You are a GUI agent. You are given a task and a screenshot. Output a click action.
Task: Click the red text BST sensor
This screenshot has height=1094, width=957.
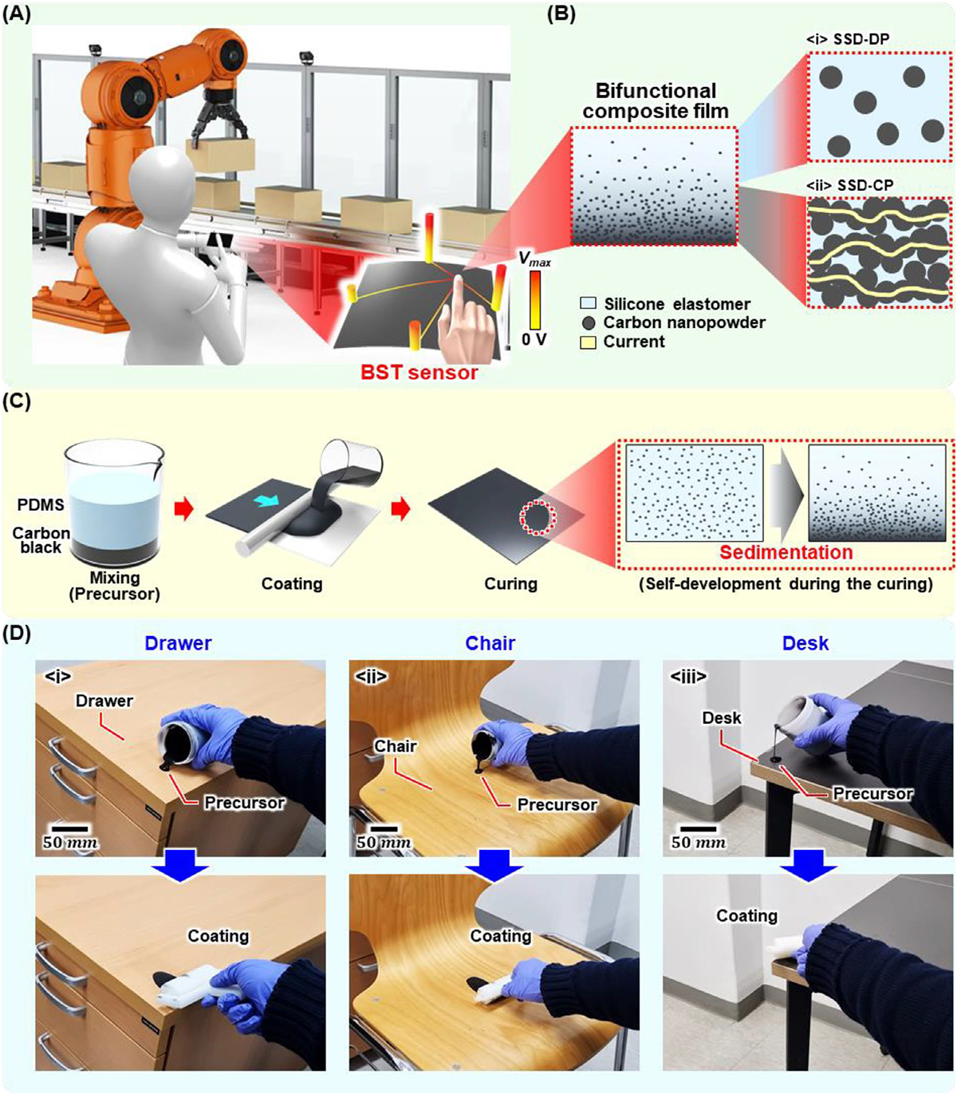pyautogui.click(x=419, y=372)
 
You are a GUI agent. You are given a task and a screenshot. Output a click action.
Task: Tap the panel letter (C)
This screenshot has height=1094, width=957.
pyautogui.click(x=17, y=401)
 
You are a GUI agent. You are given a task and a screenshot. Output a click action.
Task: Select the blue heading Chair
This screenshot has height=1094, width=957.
pyautogui.click(x=490, y=643)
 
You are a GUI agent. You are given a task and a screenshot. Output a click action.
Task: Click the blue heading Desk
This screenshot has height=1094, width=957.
pyautogui.click(x=805, y=643)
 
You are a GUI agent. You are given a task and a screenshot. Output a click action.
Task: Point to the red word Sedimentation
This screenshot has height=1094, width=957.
pyautogui.click(x=786, y=553)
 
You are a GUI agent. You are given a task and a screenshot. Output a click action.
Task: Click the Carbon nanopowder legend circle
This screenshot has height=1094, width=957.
pyautogui.click(x=589, y=323)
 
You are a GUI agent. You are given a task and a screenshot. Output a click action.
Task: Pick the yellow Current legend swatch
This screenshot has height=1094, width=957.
pyautogui.click(x=589, y=342)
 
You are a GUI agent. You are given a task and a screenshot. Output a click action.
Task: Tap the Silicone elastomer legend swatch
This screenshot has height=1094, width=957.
pyautogui.click(x=589, y=304)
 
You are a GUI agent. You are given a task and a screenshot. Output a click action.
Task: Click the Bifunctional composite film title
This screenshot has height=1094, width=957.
pyautogui.click(x=655, y=101)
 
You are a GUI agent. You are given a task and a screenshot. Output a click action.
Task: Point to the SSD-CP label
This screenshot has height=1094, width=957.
pyautogui.click(x=850, y=185)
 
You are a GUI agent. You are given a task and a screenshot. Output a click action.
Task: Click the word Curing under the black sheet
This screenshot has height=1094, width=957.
pyautogui.click(x=510, y=583)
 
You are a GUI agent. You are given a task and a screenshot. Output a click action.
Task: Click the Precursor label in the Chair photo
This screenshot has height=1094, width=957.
pyautogui.click(x=557, y=804)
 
